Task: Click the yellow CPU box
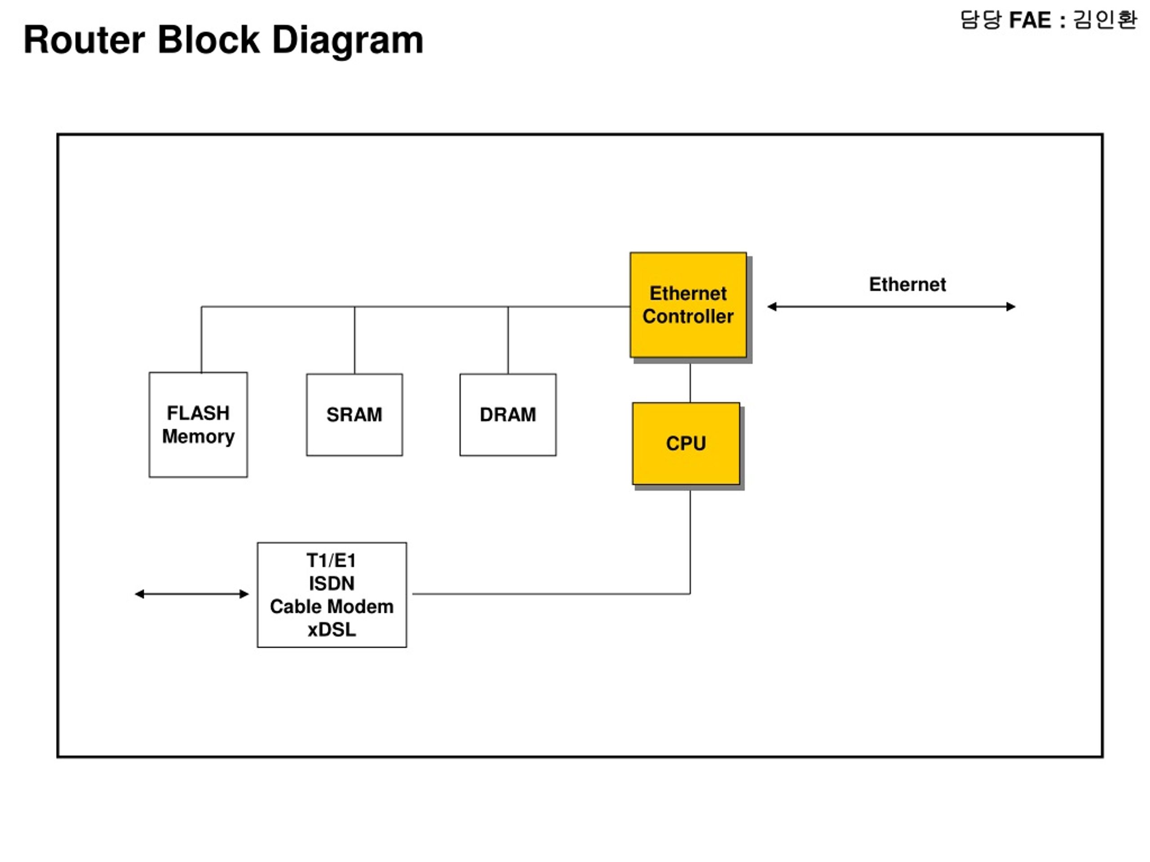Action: (686, 443)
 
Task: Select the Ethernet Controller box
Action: (688, 305)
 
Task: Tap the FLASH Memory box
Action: (198, 425)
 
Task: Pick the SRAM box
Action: (354, 415)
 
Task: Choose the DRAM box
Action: (508, 415)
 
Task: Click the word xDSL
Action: (332, 630)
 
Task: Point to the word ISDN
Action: (332, 584)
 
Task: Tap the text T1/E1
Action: (331, 561)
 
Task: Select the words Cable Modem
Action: (332, 607)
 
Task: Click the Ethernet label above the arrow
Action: (907, 284)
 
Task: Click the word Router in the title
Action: (84, 40)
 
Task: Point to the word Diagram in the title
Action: (348, 40)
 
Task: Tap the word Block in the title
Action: (208, 40)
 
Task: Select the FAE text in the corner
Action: (1030, 20)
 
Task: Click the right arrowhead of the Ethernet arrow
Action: (1011, 307)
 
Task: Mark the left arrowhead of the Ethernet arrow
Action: (773, 307)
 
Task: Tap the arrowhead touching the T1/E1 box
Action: (244, 594)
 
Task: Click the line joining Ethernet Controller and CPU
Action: (690, 383)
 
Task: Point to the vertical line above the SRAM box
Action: (354, 340)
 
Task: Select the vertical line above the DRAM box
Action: (508, 340)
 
